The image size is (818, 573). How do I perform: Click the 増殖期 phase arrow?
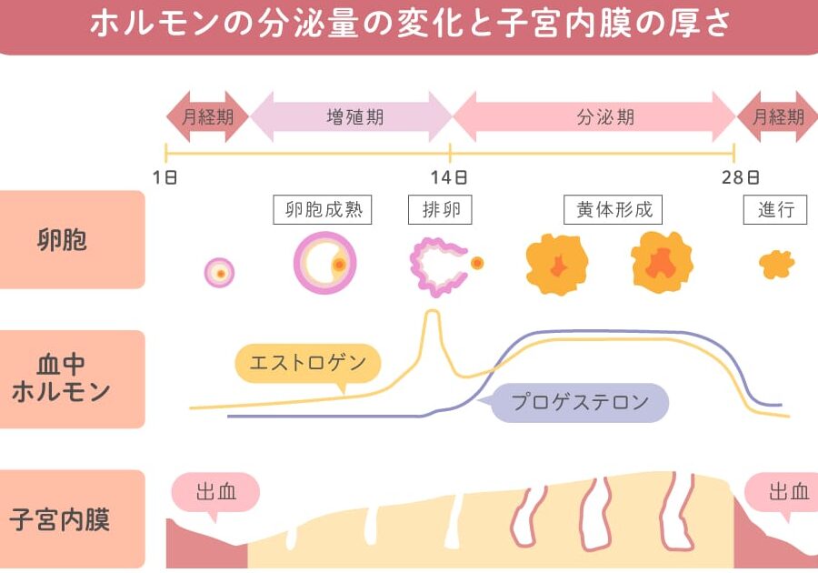coord(352,116)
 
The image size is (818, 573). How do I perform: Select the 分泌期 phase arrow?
coord(594,116)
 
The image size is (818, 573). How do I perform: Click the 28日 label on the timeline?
coord(740,176)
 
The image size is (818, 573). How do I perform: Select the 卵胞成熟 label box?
coord(324,210)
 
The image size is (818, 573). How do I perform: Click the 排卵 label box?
coord(441,210)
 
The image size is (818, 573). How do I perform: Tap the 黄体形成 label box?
coord(613,210)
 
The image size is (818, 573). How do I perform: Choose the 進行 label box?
coord(775,210)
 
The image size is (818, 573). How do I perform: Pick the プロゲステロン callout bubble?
coord(580,402)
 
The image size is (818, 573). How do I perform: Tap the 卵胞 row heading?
coord(73,240)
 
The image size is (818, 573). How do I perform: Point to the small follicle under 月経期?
coord(220,273)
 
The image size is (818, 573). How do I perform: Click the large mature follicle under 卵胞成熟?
coord(324,264)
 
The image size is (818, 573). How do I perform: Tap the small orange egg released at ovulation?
coord(477,263)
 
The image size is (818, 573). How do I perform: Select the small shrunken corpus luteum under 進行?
coord(776,265)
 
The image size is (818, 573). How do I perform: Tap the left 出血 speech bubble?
coord(216,493)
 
